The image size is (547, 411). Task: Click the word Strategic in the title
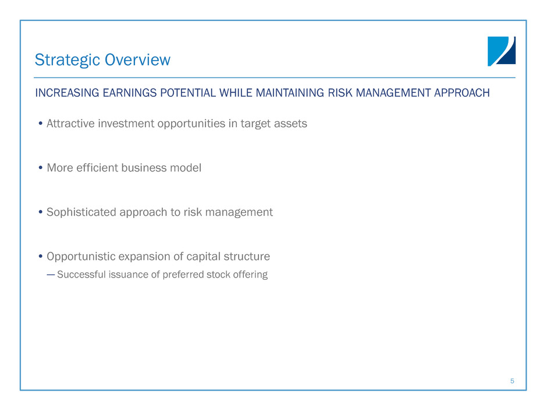tap(68, 60)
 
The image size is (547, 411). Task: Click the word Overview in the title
tap(137, 59)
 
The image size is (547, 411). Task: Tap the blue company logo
tap(501, 51)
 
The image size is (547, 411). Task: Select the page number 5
tap(512, 381)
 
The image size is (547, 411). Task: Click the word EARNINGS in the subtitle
tap(129, 93)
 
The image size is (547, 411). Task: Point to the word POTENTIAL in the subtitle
tap(188, 93)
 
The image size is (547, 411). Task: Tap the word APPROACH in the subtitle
tap(461, 93)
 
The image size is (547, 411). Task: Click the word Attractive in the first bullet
tap(71, 124)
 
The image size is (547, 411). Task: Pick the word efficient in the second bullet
tap(97, 168)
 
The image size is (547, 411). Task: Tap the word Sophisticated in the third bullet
tap(81, 212)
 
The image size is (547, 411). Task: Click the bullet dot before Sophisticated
tap(41, 212)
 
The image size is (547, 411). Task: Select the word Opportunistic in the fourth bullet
tap(81, 257)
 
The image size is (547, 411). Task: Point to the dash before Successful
tap(51, 275)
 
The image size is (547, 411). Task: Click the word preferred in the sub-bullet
tap(183, 275)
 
